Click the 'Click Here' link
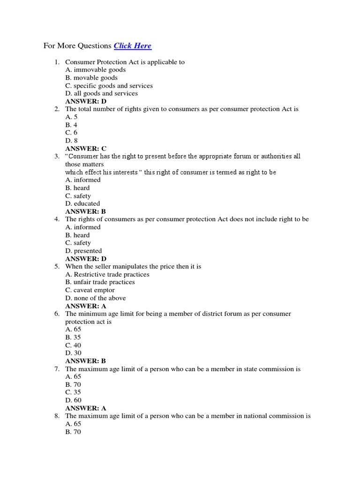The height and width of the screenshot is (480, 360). click(133, 46)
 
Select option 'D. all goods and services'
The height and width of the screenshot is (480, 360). click(101, 93)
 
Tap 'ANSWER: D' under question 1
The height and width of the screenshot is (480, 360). click(86, 101)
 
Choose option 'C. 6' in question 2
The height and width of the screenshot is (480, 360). click(71, 133)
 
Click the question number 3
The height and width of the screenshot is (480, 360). click(57, 156)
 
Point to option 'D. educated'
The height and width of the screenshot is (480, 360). click(82, 203)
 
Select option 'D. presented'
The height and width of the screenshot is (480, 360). click(83, 251)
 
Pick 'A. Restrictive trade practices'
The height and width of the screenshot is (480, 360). click(107, 274)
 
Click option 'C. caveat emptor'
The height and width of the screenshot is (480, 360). click(90, 290)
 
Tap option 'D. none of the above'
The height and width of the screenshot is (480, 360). click(96, 298)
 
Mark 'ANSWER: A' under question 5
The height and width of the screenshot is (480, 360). click(86, 306)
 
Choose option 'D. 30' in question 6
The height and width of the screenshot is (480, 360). click(73, 353)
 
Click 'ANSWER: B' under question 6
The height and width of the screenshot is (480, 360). click(86, 361)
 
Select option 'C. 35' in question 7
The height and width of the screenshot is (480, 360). click(73, 392)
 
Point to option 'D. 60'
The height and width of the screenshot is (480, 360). click(73, 400)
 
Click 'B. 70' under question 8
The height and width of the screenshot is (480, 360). click(73, 432)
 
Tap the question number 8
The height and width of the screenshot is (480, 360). click(57, 416)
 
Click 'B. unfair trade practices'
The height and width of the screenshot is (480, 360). click(100, 282)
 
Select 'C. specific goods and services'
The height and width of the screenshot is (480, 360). click(109, 86)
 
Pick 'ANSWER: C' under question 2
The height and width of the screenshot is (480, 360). click(86, 149)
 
